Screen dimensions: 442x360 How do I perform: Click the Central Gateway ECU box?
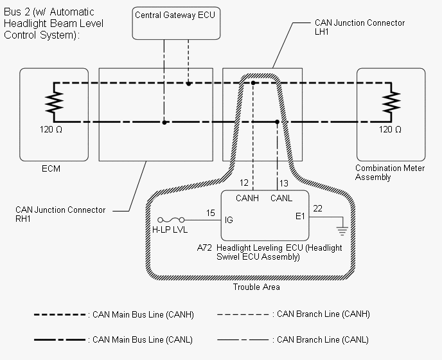(176, 23)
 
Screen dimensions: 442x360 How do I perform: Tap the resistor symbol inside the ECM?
(54, 102)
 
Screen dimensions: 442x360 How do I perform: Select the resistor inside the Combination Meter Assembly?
(391, 102)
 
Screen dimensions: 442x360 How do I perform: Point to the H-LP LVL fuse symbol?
(171, 220)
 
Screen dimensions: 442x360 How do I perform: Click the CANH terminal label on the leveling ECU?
(247, 198)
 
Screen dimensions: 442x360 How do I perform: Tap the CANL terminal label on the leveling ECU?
(281, 198)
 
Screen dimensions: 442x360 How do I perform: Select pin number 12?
(244, 183)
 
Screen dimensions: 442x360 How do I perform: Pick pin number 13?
(284, 183)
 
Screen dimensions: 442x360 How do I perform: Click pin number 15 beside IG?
(211, 213)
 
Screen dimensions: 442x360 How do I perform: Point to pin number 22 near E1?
(317, 208)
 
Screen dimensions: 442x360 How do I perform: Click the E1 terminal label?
(300, 216)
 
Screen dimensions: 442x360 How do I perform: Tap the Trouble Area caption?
(256, 287)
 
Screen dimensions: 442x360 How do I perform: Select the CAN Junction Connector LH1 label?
(360, 27)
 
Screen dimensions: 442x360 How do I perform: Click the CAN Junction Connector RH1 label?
(60, 214)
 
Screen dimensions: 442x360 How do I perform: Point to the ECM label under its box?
(51, 168)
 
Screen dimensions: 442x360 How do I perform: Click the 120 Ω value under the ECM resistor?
(51, 129)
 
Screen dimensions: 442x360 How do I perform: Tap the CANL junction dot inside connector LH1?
(277, 122)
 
